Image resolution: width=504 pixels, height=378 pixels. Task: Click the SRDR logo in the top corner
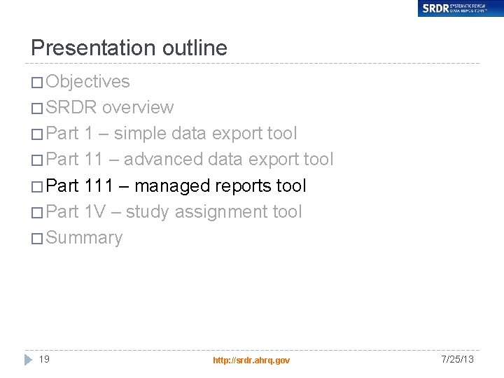coord(460,8)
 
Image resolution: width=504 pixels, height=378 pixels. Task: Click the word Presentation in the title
coord(94,48)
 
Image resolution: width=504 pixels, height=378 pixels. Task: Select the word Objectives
coord(87,81)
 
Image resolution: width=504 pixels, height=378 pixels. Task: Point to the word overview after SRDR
coord(138,108)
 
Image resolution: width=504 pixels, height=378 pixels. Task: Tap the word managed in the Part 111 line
coord(172,185)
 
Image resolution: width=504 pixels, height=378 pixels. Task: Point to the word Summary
coord(84,238)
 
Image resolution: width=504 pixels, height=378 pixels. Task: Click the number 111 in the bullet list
coord(99,185)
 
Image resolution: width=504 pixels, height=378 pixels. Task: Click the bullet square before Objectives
coord(36,83)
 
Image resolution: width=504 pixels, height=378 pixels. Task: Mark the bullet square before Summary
coord(36,239)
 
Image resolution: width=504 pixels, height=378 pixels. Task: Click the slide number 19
coord(44,359)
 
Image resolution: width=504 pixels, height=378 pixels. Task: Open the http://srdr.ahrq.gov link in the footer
coord(251,360)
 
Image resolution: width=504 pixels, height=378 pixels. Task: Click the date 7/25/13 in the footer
coord(457,359)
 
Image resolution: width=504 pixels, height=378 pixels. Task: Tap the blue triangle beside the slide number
coord(29,359)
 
